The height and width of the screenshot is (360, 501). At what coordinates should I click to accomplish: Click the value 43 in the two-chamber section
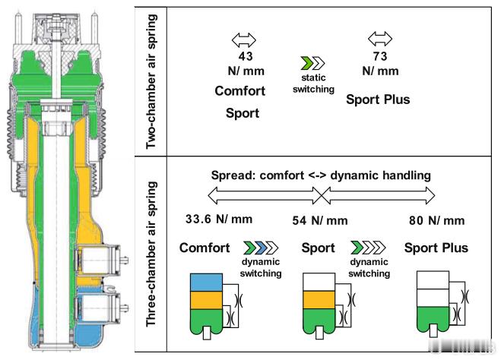point(245,56)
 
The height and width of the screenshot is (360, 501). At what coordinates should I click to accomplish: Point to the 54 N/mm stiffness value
point(319,221)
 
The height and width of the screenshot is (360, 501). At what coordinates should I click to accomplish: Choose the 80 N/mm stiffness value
point(436,221)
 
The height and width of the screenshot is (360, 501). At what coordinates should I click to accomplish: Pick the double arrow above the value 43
point(245,39)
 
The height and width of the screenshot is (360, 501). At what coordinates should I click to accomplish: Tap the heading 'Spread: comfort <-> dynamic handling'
point(321,175)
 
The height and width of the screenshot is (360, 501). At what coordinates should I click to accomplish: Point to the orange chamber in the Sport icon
point(318,301)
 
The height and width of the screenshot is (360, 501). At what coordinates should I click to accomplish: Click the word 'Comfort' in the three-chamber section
point(205,248)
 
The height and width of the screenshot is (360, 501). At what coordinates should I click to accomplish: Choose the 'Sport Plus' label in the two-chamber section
point(378,99)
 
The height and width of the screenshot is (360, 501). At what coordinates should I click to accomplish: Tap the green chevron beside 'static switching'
point(306,63)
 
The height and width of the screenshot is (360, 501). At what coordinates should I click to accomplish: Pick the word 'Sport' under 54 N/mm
point(319,248)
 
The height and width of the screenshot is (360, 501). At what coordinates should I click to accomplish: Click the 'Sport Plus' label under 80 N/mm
point(436,248)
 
